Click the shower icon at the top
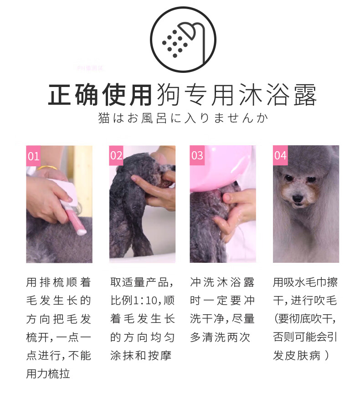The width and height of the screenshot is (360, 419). point(183,40)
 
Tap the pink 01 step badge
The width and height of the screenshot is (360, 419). point(33,156)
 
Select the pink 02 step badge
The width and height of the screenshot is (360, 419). point(116,155)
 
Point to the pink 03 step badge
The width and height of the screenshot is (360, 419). point(197,155)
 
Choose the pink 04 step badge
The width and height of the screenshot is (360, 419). point(280,155)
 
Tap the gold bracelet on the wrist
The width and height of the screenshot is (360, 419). point(47,168)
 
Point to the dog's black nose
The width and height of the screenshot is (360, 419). point(298,198)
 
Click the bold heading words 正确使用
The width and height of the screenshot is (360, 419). point(100,95)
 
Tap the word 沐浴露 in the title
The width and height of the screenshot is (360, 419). point(277,95)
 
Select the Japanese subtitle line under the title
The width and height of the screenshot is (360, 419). point(183,118)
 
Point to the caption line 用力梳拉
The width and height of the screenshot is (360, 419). point(48,374)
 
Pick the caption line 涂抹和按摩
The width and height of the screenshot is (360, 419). point(141,356)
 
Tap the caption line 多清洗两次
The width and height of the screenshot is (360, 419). point(220,337)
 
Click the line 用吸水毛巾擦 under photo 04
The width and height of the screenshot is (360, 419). point(305,282)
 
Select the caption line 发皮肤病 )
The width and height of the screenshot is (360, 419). point(301,356)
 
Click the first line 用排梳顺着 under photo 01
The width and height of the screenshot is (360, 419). point(59,282)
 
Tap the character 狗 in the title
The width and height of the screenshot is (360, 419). point(169,95)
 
